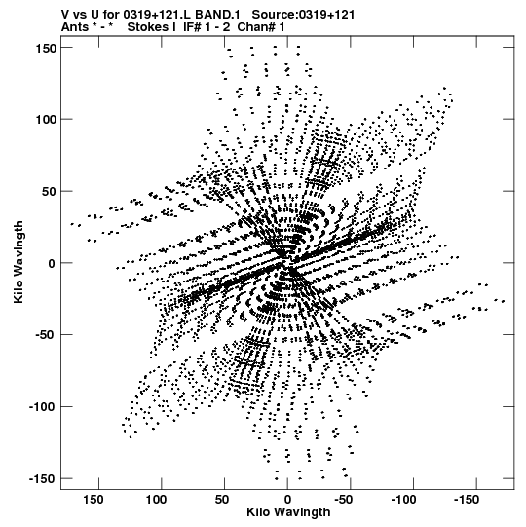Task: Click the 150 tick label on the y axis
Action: (x=46, y=49)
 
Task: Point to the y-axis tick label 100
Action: (x=46, y=120)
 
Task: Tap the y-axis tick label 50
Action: (x=50, y=192)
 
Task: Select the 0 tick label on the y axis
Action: (x=52, y=263)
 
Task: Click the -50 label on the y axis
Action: (x=46, y=335)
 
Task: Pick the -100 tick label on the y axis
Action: (x=43, y=407)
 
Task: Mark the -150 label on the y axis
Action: (x=43, y=479)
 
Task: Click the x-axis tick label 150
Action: (x=94, y=500)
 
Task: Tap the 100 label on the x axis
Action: (x=156, y=500)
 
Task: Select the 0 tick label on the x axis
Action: (x=287, y=500)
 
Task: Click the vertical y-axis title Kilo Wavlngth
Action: (x=19, y=262)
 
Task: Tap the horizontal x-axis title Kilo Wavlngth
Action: (x=288, y=512)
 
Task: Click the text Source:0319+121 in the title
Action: (x=303, y=15)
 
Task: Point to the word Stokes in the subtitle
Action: (x=149, y=27)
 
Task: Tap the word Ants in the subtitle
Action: (x=75, y=27)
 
